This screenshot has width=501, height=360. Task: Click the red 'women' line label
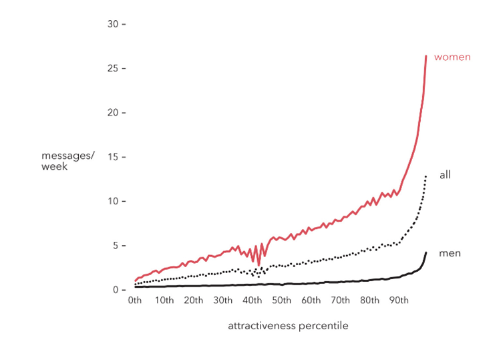(452, 57)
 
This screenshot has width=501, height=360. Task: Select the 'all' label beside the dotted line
(445, 175)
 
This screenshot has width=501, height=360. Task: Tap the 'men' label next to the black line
(449, 254)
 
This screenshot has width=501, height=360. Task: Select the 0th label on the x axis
(135, 301)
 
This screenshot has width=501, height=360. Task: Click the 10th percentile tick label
(164, 301)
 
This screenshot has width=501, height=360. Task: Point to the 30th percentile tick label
(222, 301)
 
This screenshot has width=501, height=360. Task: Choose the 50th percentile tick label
(281, 301)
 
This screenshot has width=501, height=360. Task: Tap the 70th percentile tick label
(340, 301)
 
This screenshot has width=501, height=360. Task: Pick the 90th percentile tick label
(399, 301)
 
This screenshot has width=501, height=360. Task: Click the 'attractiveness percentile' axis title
(288, 326)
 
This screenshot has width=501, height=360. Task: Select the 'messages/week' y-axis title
(67, 161)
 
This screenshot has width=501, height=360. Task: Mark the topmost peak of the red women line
(426, 56)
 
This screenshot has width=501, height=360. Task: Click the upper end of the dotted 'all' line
(426, 176)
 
